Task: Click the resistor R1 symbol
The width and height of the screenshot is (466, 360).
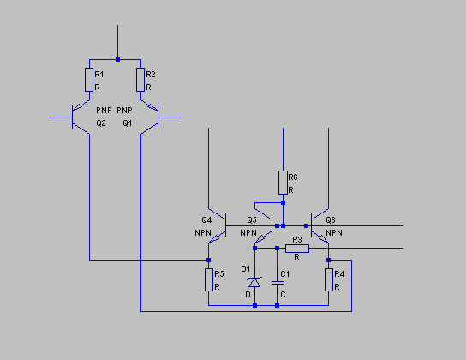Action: (x=89, y=80)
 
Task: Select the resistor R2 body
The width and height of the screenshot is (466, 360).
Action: (x=140, y=80)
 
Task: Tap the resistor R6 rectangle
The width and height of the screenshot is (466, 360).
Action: (x=283, y=183)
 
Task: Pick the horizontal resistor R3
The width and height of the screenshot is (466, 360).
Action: (x=297, y=249)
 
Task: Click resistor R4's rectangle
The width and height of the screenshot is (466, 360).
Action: (x=329, y=279)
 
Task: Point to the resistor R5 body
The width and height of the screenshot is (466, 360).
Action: (x=209, y=279)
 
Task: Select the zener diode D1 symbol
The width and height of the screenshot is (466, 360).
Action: (x=254, y=282)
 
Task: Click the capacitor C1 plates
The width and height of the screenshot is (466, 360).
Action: (x=277, y=282)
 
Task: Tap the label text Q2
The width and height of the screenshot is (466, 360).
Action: (x=101, y=123)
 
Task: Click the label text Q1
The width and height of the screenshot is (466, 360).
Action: (x=128, y=123)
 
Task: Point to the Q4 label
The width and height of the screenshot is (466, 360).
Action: (x=206, y=220)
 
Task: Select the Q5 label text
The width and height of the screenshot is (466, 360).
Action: (x=252, y=220)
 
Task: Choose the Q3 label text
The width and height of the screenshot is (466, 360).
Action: (x=331, y=220)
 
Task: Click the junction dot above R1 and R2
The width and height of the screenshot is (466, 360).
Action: (x=117, y=59)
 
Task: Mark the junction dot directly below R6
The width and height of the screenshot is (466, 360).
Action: (x=283, y=203)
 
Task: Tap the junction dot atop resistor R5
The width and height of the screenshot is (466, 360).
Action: (x=209, y=260)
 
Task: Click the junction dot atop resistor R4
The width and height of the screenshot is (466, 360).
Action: (x=328, y=260)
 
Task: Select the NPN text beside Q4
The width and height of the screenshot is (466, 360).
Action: (x=203, y=233)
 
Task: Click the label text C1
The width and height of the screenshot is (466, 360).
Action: (x=285, y=273)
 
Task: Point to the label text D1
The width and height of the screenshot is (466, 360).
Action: (x=246, y=269)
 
